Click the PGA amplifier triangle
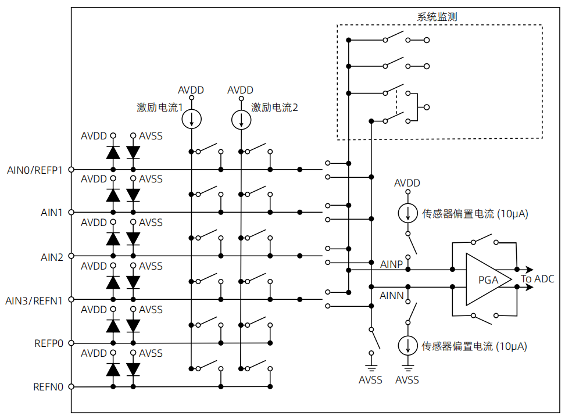coord(485,279)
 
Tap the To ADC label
coord(538,279)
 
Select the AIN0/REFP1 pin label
coord(34,170)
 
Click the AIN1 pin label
coord(52,213)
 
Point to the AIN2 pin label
coord(52,256)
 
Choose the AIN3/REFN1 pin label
coord(34,300)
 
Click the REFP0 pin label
coord(49,343)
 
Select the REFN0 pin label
coord(49,387)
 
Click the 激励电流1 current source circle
coord(191,120)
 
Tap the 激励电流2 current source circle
coord(241,120)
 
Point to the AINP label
coord(392,264)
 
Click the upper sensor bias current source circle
coord(407,213)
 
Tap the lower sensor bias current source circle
coord(407,346)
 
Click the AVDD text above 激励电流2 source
coord(241,90)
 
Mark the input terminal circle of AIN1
coord(71,213)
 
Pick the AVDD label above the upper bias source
coord(407,183)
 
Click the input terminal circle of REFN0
coord(71,387)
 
